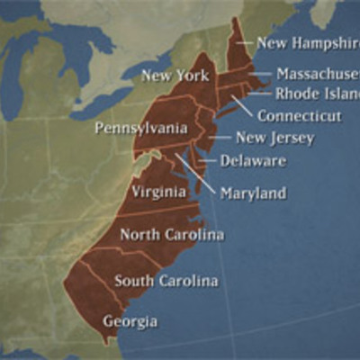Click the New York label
(174, 76)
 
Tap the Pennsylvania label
(141, 129)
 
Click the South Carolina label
(166, 281)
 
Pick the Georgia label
(130, 321)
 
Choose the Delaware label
(254, 161)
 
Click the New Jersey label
(274, 138)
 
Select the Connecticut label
(299, 116)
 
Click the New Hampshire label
(307, 42)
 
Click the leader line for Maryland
(197, 174)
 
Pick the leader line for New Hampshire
(245, 42)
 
